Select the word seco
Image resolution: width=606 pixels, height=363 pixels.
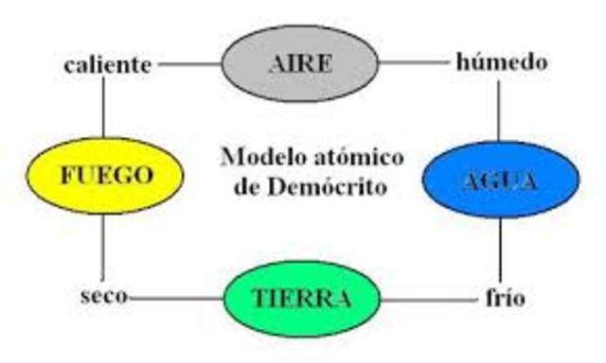(102, 298)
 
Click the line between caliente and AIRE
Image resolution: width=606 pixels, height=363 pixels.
(189, 64)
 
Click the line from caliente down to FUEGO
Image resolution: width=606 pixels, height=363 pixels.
(101, 109)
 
